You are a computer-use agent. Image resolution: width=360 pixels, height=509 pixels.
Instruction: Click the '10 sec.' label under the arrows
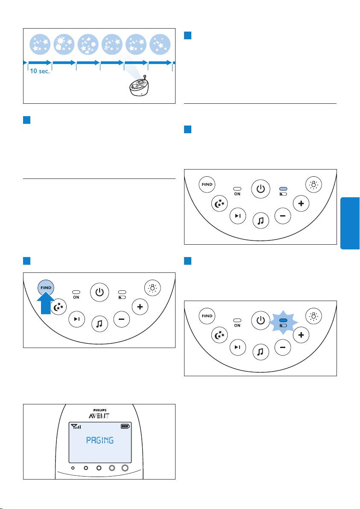click(x=40, y=71)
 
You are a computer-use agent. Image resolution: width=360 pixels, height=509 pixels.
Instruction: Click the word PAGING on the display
click(x=100, y=440)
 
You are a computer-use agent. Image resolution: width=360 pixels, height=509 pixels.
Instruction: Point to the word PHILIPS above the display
click(x=100, y=410)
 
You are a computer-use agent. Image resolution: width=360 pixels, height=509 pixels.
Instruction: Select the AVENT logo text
click(x=99, y=416)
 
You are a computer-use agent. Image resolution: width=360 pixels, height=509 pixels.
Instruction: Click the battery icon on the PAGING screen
click(x=125, y=426)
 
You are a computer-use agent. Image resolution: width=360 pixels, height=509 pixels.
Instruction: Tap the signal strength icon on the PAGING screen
click(x=76, y=426)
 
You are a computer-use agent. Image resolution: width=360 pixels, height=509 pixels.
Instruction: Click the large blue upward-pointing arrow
click(x=47, y=303)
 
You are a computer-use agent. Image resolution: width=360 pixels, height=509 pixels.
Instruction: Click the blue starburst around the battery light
click(x=284, y=322)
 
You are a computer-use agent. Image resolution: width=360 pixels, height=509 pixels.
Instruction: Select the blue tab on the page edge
click(x=350, y=223)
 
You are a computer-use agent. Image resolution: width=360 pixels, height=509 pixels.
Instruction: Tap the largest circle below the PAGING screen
click(x=125, y=468)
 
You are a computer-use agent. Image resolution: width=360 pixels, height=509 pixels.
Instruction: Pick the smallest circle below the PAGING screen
click(x=73, y=468)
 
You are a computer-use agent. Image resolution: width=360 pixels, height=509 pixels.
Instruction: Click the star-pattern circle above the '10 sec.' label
click(x=40, y=44)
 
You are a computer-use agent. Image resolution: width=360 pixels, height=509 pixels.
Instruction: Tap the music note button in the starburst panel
click(x=260, y=352)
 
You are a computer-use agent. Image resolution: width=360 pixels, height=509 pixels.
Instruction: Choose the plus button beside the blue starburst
click(x=301, y=335)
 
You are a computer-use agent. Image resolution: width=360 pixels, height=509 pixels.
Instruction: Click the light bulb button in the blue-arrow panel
click(x=152, y=288)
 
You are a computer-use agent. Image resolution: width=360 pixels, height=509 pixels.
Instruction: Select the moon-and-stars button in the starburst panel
click(x=220, y=335)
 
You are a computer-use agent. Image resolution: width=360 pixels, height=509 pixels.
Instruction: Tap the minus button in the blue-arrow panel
click(x=121, y=319)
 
